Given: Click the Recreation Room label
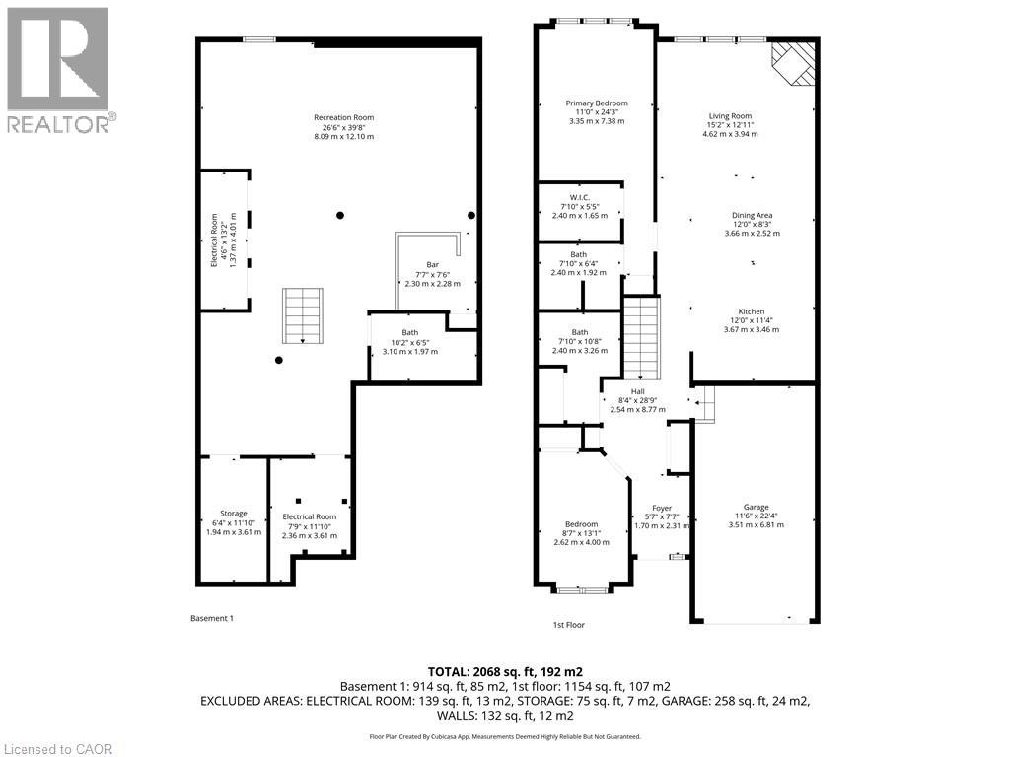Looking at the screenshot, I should [x=343, y=117].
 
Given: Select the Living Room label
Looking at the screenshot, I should [x=736, y=115].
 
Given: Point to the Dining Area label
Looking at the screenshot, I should [x=752, y=215].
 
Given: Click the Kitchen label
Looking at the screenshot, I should [x=754, y=310].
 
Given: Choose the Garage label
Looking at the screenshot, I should [x=757, y=507].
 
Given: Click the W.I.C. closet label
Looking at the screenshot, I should [x=579, y=196].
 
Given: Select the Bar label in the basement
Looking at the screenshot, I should [x=432, y=264].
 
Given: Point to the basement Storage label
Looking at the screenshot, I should [x=234, y=514].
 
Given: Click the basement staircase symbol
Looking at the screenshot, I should [x=302, y=314].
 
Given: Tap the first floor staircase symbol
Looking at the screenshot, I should [x=642, y=339].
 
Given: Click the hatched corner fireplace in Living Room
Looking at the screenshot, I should [x=795, y=62].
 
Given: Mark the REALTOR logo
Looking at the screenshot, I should [x=59, y=69].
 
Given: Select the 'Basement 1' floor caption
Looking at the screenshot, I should [x=211, y=618].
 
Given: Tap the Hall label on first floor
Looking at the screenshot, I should [x=638, y=391].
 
